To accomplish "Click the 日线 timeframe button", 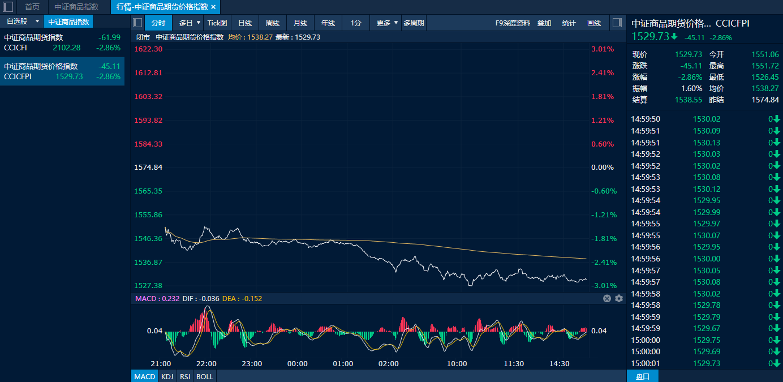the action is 245,23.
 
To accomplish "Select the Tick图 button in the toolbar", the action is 217,23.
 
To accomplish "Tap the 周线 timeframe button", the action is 273,23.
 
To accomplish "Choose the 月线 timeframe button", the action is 300,23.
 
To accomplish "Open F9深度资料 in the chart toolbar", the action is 513,23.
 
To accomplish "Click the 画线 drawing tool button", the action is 594,23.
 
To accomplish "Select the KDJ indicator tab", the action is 167,376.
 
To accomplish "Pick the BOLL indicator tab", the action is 204,376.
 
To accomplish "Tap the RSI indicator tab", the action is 185,376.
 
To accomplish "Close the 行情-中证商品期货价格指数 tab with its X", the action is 214,7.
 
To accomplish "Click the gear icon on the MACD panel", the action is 619,298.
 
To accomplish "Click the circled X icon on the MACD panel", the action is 607,298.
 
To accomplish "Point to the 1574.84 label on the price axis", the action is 148,167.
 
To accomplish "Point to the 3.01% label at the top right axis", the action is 603,49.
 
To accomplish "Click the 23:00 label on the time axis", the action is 252,363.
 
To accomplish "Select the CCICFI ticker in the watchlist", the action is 15,48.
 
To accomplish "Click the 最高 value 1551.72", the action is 765,66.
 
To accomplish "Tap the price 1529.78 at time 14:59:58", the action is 707,305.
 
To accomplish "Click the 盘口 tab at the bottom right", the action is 643,376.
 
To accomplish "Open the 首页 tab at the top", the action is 32,7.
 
